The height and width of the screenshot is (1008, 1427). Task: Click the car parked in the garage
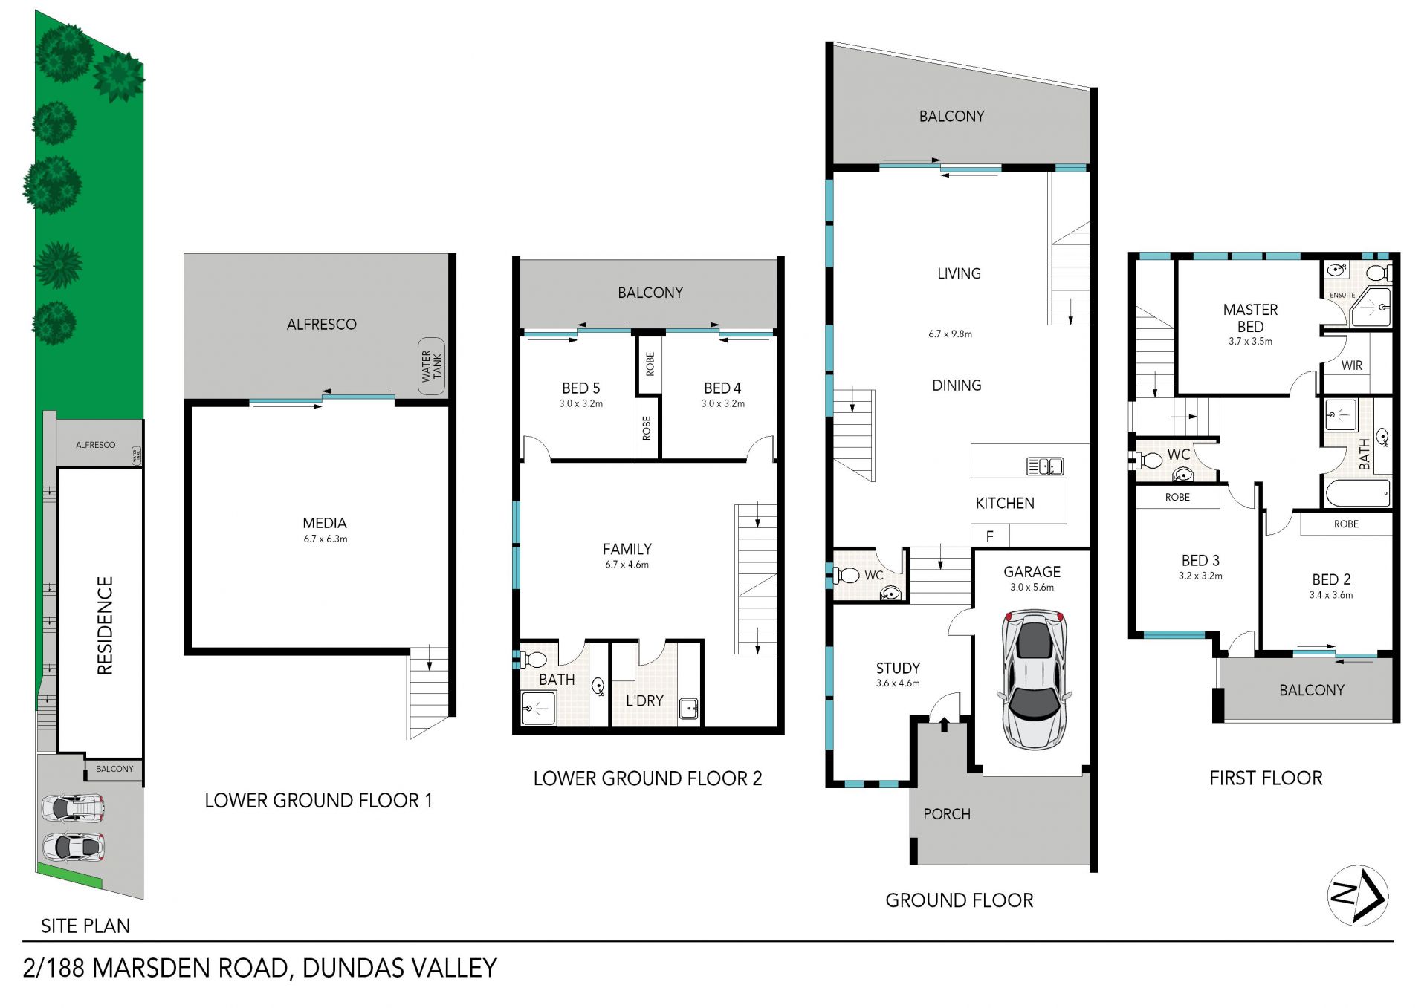(x=1034, y=679)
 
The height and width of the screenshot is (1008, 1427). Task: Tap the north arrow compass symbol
(x=1358, y=895)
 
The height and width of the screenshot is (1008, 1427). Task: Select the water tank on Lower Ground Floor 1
(x=431, y=365)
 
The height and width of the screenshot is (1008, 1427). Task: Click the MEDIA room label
(x=325, y=523)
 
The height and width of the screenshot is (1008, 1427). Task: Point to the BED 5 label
(x=580, y=388)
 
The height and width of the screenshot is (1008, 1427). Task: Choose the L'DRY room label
(x=644, y=700)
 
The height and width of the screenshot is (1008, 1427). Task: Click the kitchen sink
(x=1044, y=466)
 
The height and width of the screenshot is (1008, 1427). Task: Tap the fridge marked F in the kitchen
(x=990, y=536)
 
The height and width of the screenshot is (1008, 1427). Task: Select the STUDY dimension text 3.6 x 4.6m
(x=898, y=683)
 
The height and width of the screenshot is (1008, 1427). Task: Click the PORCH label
(x=947, y=814)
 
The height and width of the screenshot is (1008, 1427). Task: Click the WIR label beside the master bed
(x=1352, y=365)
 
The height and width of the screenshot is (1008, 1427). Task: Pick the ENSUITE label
(x=1342, y=295)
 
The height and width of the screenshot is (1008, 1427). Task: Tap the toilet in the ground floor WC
(x=846, y=574)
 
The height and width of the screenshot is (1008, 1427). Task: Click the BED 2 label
(x=1331, y=579)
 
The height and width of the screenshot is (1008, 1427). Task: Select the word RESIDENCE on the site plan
(x=106, y=625)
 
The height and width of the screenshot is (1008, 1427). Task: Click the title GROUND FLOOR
(x=959, y=900)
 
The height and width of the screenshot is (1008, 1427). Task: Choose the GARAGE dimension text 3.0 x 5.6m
(x=1032, y=588)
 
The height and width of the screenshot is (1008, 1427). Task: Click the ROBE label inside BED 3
(x=1177, y=497)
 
